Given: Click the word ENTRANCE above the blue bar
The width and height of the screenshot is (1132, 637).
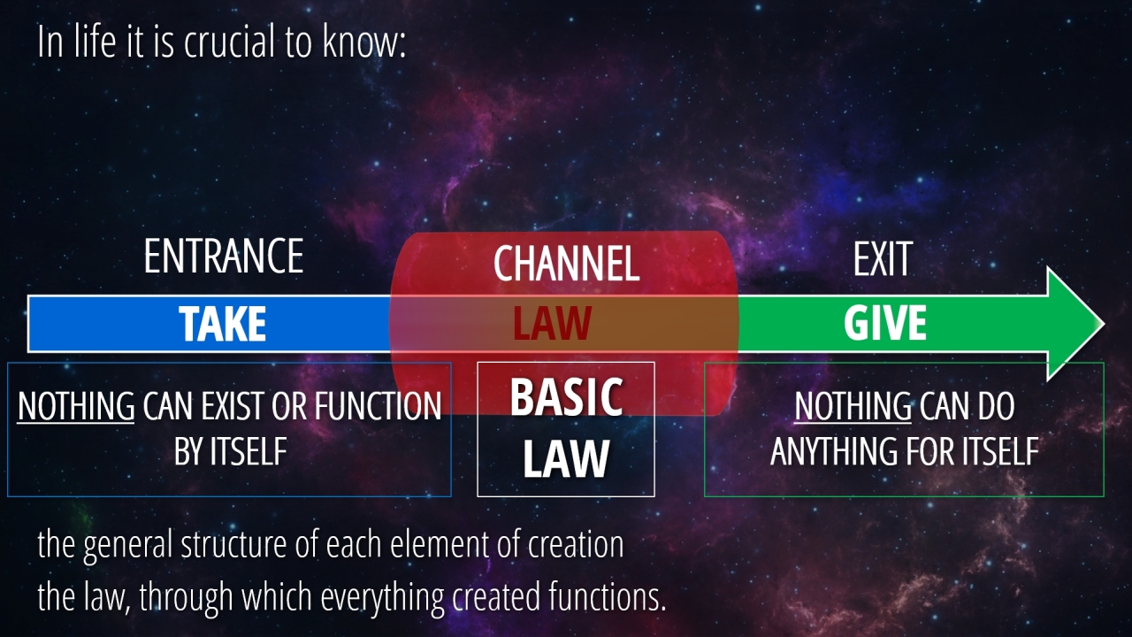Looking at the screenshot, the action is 224,257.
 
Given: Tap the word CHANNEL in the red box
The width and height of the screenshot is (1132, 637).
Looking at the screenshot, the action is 567,264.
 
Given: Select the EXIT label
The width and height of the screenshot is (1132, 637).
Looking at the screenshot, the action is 883,259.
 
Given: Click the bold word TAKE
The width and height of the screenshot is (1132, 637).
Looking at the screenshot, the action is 222,324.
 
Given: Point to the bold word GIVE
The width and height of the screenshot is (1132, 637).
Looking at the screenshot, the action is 885,323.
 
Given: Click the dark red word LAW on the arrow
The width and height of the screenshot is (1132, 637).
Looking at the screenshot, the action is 552,323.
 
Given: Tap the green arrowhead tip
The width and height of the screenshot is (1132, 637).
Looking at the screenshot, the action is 1105,324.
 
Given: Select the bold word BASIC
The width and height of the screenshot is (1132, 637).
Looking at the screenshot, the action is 566,397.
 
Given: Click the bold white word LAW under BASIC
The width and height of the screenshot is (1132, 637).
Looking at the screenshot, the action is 566,458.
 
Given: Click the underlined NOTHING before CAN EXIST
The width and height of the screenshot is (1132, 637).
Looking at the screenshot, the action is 76,406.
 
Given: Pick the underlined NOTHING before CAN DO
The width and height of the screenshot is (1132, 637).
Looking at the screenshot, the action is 853,406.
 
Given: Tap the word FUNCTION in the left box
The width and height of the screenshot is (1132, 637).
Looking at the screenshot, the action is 378,406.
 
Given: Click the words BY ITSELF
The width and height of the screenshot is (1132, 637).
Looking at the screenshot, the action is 231,451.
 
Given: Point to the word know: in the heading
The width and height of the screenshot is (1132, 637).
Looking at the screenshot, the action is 363,42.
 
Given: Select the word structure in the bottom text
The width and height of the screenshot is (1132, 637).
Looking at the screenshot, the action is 233,544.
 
